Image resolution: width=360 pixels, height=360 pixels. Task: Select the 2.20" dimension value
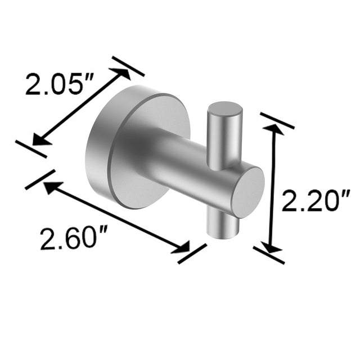coord(316,201)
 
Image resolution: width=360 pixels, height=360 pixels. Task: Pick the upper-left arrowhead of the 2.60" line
coord(49,187)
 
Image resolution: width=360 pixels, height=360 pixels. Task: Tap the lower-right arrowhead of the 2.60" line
coord(183,248)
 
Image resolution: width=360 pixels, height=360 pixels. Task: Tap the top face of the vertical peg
coord(225,109)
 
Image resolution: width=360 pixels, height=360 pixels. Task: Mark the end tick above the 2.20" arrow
coord(277,120)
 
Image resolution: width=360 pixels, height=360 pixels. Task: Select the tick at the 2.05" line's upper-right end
coord(128,66)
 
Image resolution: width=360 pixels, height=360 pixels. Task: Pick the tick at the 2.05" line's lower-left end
coord(30,148)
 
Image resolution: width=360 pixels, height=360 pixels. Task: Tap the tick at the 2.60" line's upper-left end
coord(40,179)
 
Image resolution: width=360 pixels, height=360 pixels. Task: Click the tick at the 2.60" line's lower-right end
coord(192,254)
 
